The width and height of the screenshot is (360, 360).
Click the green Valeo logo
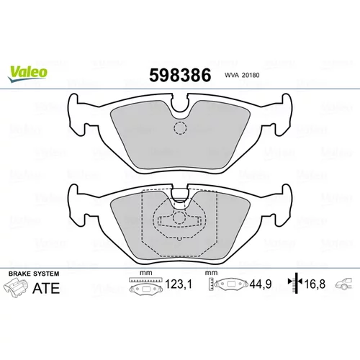tap(27, 73)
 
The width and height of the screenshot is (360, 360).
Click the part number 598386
tap(180, 75)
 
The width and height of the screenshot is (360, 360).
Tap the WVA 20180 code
tap(242, 75)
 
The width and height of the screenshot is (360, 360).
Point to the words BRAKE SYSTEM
tap(34, 274)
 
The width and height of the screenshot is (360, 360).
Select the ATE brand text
tap(46, 288)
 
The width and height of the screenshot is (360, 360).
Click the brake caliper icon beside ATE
tap(15, 288)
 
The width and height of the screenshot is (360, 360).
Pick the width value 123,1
tap(179, 284)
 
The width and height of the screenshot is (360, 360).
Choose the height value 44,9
tap(261, 284)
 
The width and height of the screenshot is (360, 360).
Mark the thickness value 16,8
tap(315, 284)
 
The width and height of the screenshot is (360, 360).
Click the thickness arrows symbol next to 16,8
tap(295, 283)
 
